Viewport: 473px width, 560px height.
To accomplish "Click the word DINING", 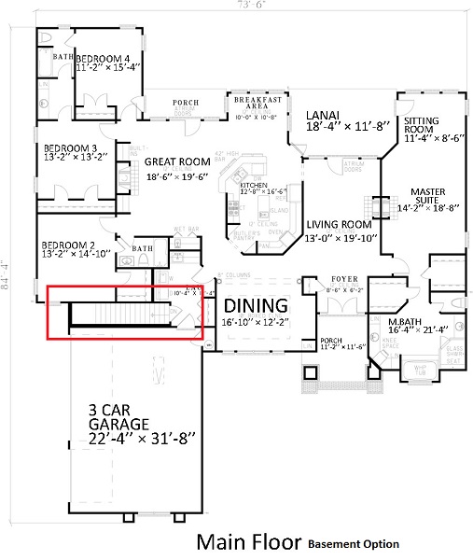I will tap(254, 304).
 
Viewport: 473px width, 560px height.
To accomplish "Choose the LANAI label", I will tap(323, 116).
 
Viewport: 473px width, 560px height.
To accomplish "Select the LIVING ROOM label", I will tap(340, 224).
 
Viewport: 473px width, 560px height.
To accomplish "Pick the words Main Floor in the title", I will tap(248, 542).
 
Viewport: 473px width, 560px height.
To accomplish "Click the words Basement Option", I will tap(354, 544).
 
